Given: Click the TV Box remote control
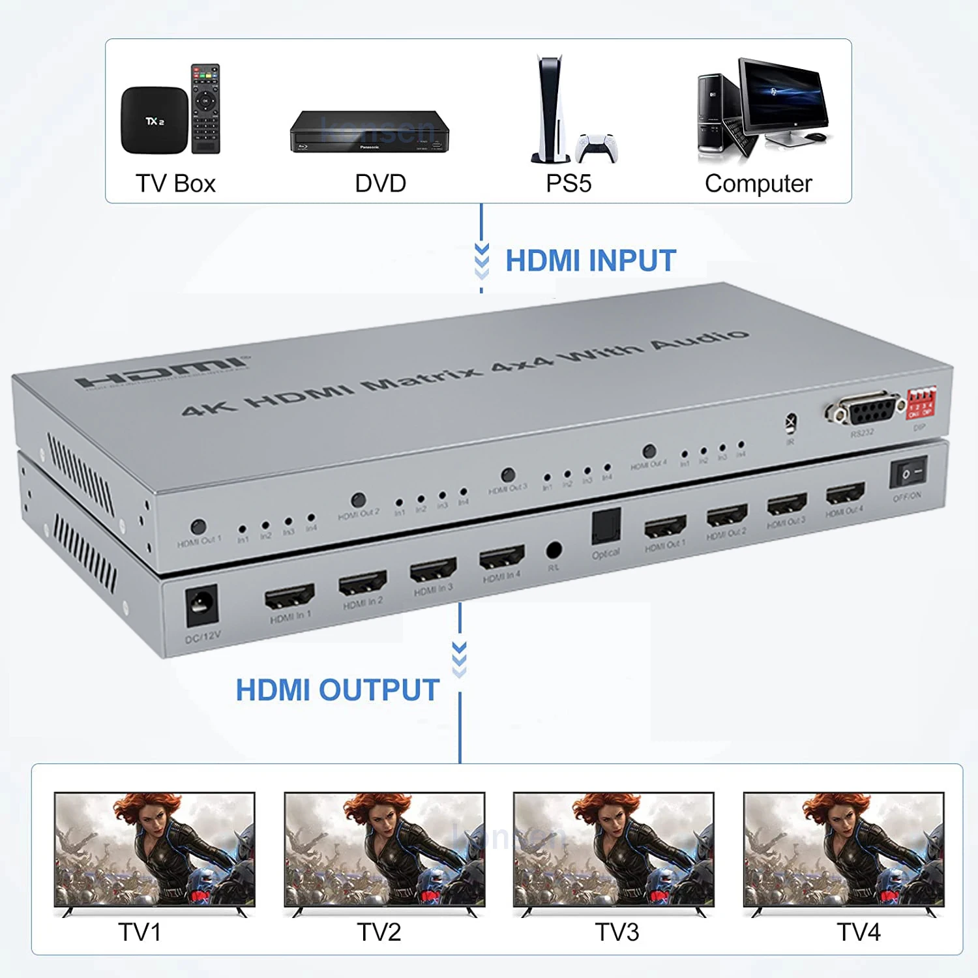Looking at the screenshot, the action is point(205,109).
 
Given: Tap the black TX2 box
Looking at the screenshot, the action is point(155,121).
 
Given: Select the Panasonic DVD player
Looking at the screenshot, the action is point(369,132).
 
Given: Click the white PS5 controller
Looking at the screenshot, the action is point(597,147).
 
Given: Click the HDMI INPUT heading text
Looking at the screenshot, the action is point(591,261).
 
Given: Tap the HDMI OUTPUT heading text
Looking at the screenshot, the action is point(337,690).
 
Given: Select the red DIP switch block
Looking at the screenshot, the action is point(921,404).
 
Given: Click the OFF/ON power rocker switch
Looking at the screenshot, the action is point(908,472).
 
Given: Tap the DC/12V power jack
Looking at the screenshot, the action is point(201,605).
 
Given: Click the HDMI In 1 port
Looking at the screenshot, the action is point(289,596).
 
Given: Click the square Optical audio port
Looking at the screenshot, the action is point(606,527).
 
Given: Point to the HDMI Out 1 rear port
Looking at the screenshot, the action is point(665,526).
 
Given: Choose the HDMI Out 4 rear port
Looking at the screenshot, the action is point(845,494).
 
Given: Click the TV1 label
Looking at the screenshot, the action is point(140,932).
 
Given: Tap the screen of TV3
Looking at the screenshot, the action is point(614,849).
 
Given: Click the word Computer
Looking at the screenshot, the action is point(758,184).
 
